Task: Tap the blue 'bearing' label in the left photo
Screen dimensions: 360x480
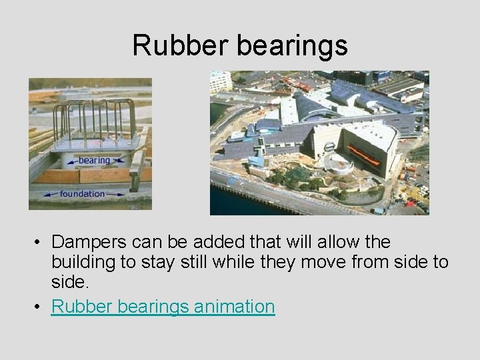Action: click(94, 161)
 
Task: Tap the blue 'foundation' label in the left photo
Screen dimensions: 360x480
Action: click(82, 194)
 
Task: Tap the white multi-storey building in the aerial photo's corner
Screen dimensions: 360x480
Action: click(221, 82)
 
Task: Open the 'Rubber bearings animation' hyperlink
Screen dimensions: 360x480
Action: click(163, 307)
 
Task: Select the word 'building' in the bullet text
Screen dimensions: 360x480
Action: click(84, 262)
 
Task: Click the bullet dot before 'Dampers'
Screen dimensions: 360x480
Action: click(39, 242)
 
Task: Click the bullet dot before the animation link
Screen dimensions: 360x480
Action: click(39, 307)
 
